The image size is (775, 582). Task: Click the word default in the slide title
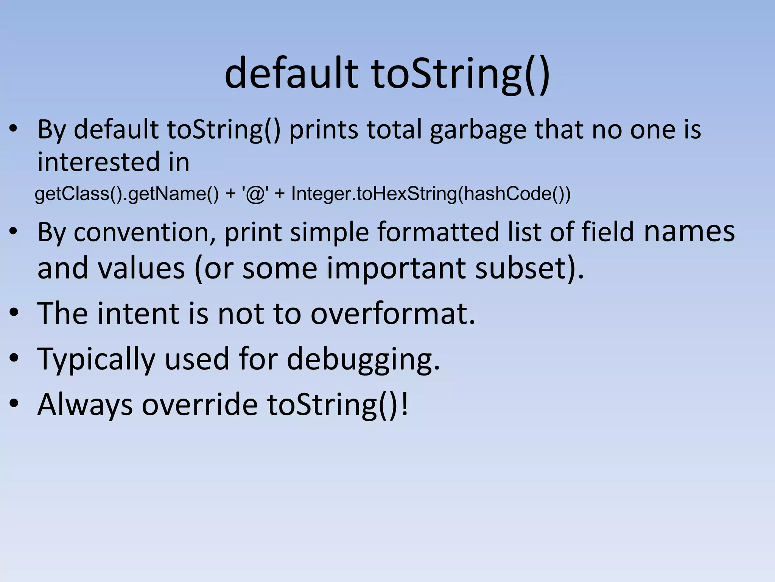[291, 73]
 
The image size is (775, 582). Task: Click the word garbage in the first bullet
[478, 130]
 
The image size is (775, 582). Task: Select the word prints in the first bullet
[324, 130]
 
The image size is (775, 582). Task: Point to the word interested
[98, 162]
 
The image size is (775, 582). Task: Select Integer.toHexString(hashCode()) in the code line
[431, 194]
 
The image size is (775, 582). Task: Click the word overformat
[392, 314]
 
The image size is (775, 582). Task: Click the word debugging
[363, 359]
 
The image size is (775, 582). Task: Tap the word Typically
[96, 359]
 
